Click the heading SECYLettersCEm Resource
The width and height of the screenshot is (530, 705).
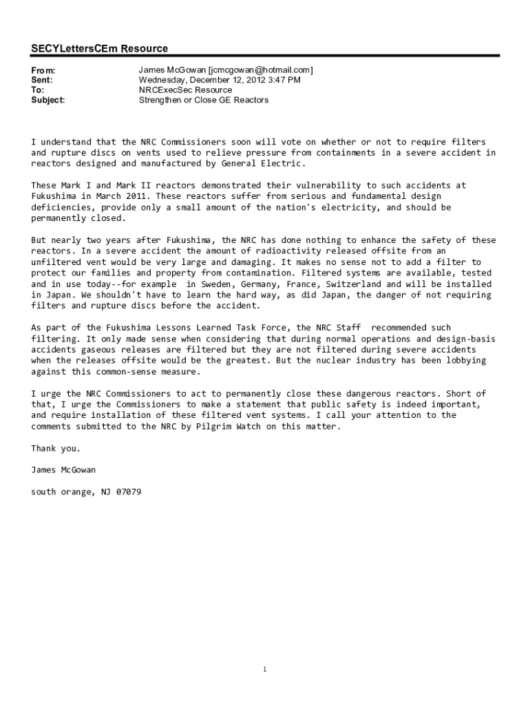(99, 49)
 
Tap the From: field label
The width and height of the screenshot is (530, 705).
(43, 70)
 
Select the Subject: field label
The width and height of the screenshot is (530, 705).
(48, 100)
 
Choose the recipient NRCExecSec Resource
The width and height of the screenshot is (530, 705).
(185, 90)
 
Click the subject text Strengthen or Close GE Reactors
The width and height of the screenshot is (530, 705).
(204, 100)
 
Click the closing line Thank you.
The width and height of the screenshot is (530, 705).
(56, 449)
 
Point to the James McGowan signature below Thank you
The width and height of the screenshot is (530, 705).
(63, 470)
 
